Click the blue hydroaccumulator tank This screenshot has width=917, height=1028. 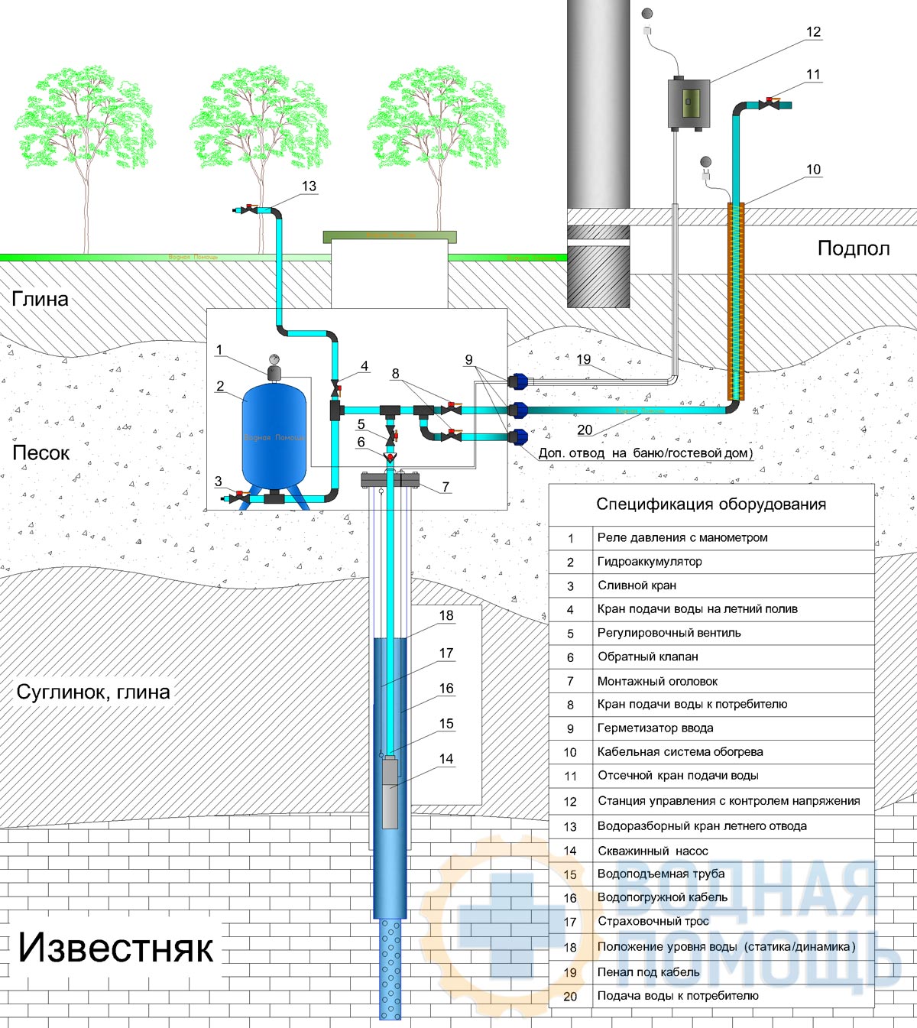(274, 437)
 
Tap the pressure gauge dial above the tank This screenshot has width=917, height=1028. (274, 358)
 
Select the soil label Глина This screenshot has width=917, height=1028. (40, 299)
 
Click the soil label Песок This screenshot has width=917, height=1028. (41, 452)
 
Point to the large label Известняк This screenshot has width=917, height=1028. (115, 949)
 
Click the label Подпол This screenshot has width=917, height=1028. (854, 248)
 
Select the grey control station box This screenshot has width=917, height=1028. (688, 103)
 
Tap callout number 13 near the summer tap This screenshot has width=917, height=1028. (309, 186)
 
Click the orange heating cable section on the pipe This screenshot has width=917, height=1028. (736, 301)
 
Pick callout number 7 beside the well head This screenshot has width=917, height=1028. (446, 487)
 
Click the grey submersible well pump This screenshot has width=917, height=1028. (390, 793)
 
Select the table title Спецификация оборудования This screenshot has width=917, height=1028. (711, 504)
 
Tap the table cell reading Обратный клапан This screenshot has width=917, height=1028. (648, 657)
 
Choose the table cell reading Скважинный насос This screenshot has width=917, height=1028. (653, 851)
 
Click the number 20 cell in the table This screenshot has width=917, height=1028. (570, 997)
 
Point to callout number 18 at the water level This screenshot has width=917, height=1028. (446, 615)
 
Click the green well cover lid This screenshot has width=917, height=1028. (390, 237)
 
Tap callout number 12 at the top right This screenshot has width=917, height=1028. (814, 32)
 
